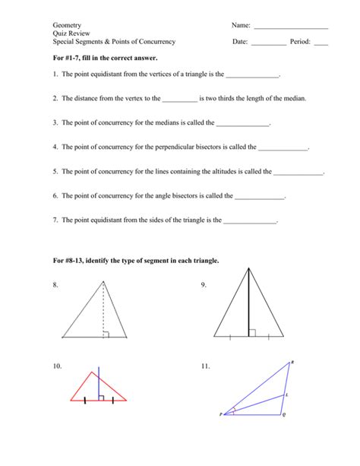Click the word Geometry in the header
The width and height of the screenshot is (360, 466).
click(67, 25)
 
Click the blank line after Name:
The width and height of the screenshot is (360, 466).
click(291, 28)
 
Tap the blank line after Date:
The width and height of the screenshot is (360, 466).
click(268, 44)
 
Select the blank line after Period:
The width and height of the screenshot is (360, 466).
click(321, 44)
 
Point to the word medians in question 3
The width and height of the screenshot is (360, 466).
click(190, 123)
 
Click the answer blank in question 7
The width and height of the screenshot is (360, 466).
click(251, 223)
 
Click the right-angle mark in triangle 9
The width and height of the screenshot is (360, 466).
click(252, 332)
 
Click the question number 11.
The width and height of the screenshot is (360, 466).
click(205, 366)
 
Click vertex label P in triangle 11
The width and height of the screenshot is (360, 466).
click(221, 415)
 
